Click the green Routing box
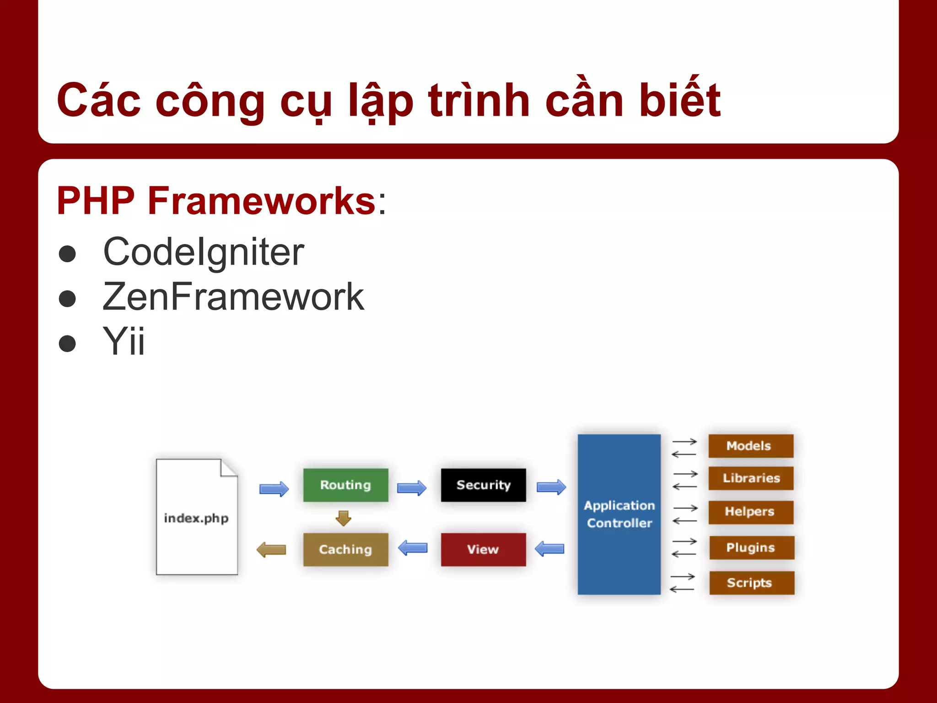click(345, 485)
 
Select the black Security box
click(483, 485)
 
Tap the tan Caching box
click(345, 549)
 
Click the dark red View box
click(483, 549)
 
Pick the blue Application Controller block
click(619, 514)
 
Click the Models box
click(750, 446)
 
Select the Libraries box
click(750, 478)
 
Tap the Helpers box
click(750, 512)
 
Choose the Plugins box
click(751, 547)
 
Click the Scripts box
click(751, 583)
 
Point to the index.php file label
click(196, 518)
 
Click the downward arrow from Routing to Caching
click(343, 518)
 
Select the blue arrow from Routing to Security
click(411, 488)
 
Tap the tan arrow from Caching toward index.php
click(271, 549)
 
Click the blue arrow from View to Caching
click(413, 547)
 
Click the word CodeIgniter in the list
click(204, 252)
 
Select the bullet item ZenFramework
click(233, 297)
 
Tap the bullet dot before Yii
click(67, 343)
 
